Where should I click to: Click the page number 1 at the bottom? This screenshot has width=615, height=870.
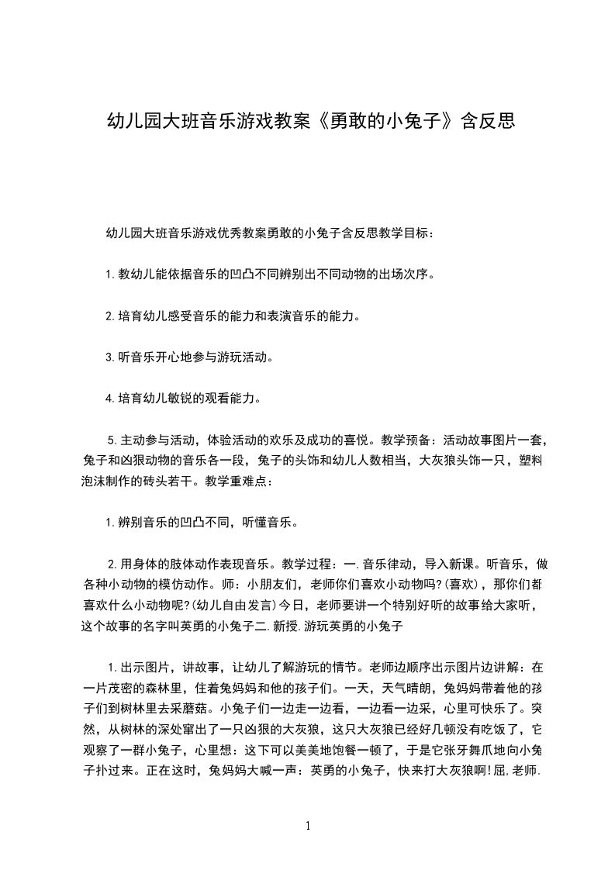point(308,825)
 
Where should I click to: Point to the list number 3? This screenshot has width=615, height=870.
point(109,358)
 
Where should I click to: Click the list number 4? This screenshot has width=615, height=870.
point(109,400)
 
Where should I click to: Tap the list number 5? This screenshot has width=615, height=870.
point(111,442)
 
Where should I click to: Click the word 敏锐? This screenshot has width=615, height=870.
point(177,400)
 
